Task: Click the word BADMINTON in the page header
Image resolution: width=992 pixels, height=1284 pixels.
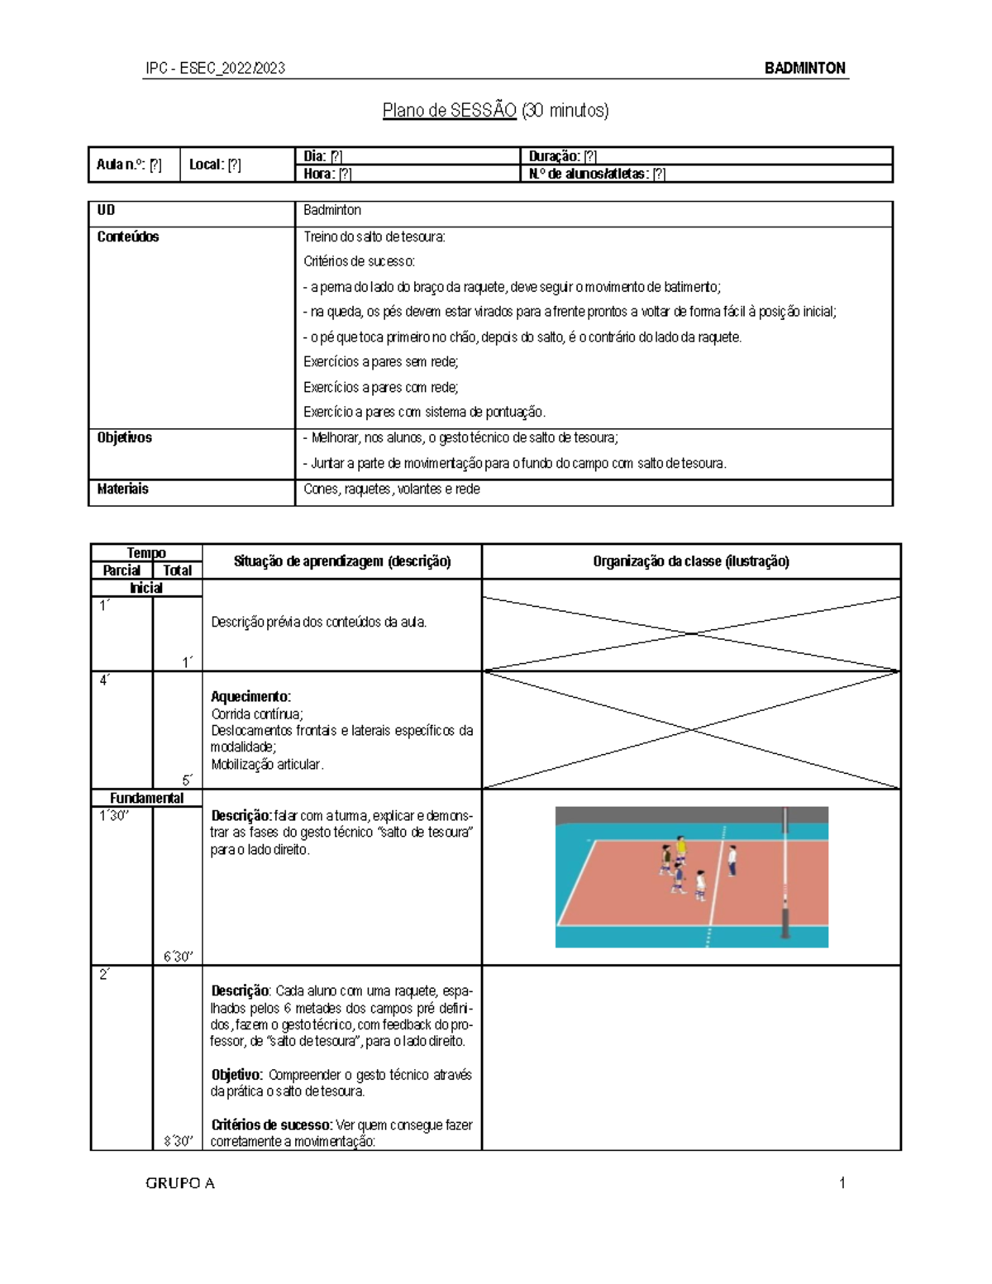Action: click(804, 69)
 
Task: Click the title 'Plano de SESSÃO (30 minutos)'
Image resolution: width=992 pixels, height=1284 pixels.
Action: click(495, 111)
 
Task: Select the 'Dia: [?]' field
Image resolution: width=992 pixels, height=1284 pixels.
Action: click(323, 156)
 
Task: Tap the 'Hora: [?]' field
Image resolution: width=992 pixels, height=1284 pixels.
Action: click(327, 174)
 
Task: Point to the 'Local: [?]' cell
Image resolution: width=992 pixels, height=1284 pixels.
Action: click(215, 165)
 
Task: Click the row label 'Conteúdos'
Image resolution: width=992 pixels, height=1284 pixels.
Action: click(128, 236)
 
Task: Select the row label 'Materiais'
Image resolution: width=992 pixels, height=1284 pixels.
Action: click(123, 489)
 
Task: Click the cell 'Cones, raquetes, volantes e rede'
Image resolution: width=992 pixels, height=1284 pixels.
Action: click(391, 489)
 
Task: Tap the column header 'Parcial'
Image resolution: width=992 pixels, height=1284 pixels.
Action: click(122, 570)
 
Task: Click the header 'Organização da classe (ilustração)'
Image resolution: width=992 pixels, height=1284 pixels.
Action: click(691, 561)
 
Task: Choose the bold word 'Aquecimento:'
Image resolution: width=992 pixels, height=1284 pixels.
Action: click(250, 696)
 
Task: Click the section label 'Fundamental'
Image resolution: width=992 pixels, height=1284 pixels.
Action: click(146, 798)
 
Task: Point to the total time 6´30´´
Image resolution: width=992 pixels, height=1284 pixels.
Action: click(178, 957)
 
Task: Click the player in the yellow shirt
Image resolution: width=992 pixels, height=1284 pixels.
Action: click(681, 848)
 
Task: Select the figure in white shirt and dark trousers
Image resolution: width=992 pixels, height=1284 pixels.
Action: click(732, 860)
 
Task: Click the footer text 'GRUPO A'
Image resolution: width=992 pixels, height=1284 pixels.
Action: click(180, 1183)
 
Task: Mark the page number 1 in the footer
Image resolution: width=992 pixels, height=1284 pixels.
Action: click(842, 1183)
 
